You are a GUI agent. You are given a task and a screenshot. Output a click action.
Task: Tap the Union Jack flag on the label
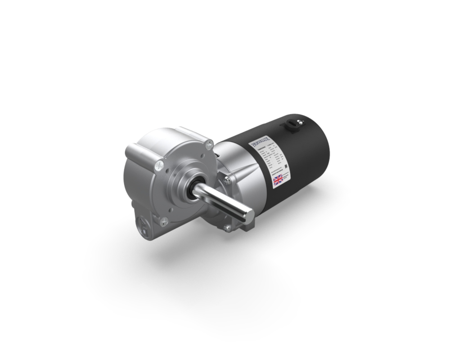click(277, 180)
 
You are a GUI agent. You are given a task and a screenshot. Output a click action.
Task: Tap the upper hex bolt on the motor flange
click(228, 180)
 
